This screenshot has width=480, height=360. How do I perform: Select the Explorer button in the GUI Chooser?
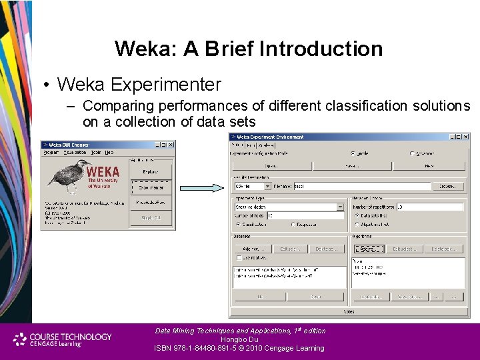click(x=151, y=172)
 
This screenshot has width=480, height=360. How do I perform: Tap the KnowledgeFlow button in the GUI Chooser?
click(x=151, y=202)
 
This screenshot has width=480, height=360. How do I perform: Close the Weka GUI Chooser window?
click(x=171, y=145)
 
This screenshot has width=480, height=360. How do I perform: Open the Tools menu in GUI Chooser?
click(x=96, y=153)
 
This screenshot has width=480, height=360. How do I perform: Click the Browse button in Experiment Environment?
click(x=447, y=187)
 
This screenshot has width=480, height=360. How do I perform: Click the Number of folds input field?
click(x=306, y=215)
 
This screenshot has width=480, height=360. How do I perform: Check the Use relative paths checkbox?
click(x=239, y=257)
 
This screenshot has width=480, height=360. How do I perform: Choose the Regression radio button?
click(x=293, y=225)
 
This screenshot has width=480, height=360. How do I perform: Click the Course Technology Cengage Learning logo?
click(x=63, y=339)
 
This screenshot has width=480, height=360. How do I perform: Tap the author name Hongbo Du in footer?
click(x=240, y=339)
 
